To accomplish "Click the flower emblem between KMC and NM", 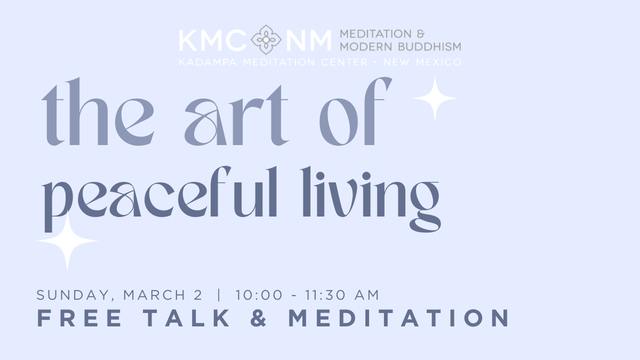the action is click(266, 39).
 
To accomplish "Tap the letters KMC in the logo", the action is click(213, 41).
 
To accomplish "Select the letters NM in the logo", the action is click(308, 41).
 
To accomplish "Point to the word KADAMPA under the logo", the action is click(207, 62).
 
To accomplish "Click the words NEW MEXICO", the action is click(422, 62).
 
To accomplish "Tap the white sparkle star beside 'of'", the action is click(435, 98).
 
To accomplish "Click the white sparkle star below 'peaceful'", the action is click(67, 241).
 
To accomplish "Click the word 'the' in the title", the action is click(98, 112).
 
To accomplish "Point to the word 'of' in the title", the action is click(355, 111).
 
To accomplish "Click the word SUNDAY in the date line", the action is click(73, 295).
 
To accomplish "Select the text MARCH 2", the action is click(163, 295).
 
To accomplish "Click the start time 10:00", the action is click(259, 295).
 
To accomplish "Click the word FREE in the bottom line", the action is click(79, 318).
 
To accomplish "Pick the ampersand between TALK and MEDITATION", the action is click(259, 318).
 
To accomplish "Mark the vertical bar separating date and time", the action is click(219, 295).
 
